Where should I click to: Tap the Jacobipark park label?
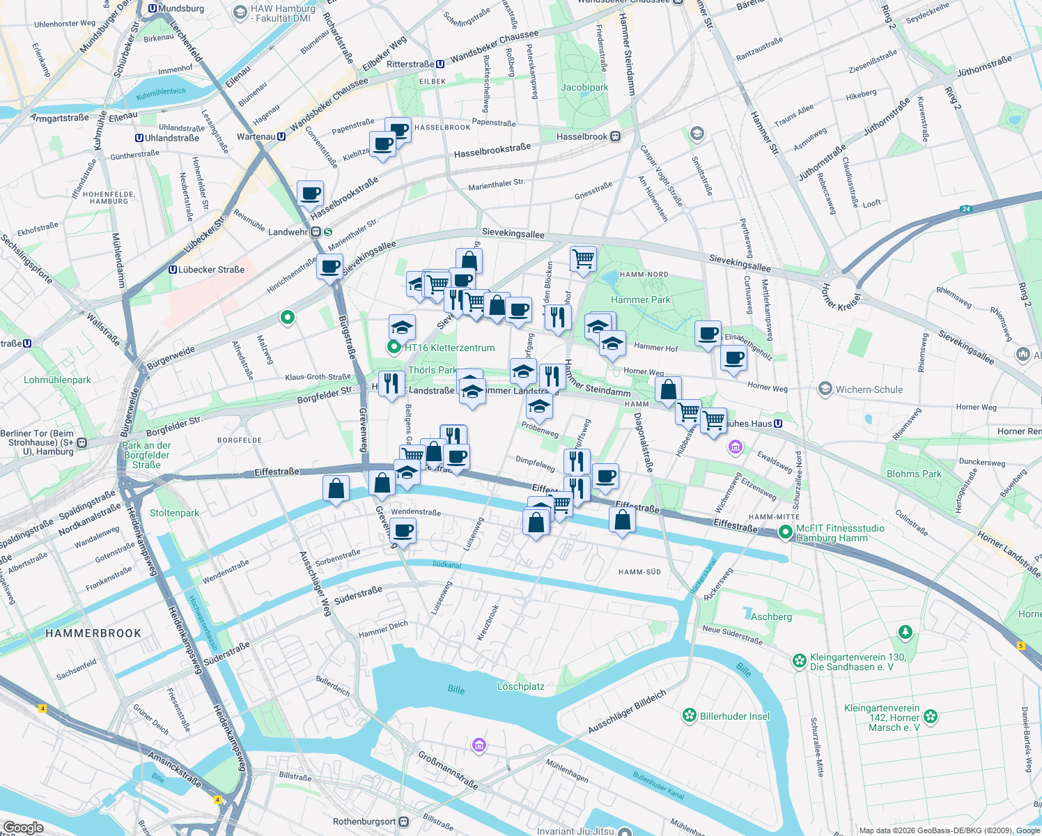point(584,87)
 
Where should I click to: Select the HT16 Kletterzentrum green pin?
point(394,347)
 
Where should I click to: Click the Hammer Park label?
point(640,300)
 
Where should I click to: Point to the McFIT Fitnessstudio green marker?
point(786,532)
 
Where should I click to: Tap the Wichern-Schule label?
point(869,389)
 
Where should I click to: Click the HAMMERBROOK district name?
point(93,633)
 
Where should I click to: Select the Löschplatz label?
point(520,686)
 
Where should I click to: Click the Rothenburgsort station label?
point(364,821)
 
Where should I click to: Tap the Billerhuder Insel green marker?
point(690,715)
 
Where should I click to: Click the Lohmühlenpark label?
point(57,380)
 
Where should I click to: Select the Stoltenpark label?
point(174,513)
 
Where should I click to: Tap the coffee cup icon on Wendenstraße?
point(402,532)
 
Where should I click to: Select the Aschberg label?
point(771,617)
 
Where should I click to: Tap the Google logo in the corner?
point(23,827)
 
